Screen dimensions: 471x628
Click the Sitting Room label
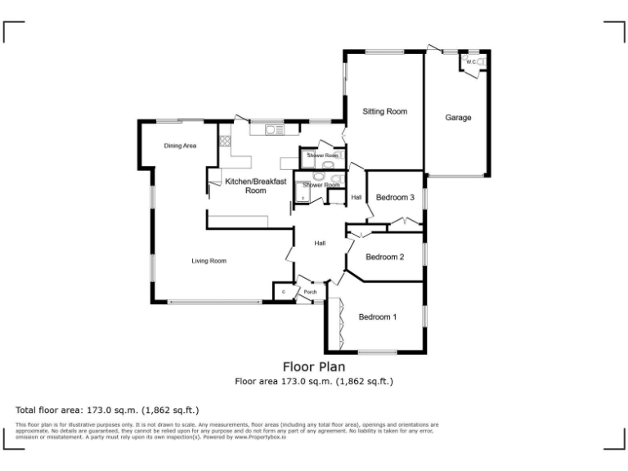(384, 111)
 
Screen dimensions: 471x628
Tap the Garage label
(458, 118)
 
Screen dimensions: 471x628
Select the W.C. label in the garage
(471, 61)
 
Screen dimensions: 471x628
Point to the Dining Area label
(180, 146)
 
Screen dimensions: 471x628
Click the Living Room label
(209, 261)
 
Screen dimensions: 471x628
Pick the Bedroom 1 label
(377, 316)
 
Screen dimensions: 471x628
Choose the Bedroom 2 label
(384, 257)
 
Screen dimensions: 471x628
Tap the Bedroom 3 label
(395, 197)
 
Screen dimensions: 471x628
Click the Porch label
(310, 292)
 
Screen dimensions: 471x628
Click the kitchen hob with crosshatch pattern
(224, 141)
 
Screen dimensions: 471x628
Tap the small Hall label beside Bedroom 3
(357, 197)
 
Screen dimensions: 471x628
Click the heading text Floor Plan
(314, 366)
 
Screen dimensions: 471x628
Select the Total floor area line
(107, 410)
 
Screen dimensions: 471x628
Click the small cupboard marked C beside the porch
(283, 292)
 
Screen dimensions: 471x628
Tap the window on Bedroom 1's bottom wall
(377, 352)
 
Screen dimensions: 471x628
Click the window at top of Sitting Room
(384, 52)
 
